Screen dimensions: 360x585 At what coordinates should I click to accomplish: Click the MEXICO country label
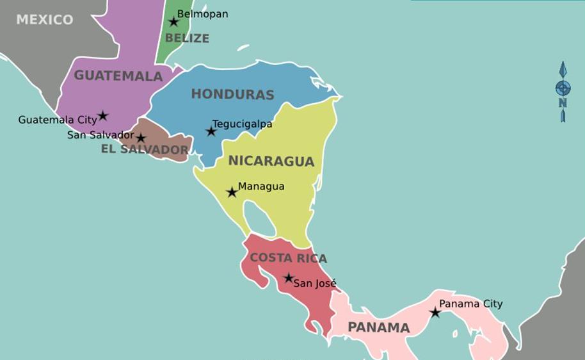[44, 20]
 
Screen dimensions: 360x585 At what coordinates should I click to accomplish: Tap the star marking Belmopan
[173, 22]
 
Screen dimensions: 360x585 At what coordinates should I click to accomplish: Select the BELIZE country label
[187, 38]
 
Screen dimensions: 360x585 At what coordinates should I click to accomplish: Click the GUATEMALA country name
[118, 76]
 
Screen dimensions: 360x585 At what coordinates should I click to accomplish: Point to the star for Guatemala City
[102, 116]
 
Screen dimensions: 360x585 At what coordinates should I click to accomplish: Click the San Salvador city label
[100, 135]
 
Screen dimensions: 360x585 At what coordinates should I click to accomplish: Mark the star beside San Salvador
[141, 138]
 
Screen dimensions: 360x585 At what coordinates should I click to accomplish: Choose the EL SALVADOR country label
[145, 150]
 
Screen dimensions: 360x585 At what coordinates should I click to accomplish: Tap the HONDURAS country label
[232, 95]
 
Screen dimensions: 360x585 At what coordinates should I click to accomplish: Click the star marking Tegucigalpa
[211, 131]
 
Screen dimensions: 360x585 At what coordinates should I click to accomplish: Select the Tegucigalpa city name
[242, 124]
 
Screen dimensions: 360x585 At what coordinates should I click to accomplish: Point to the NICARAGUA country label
[271, 161]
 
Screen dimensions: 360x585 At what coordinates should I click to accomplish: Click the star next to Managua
[232, 192]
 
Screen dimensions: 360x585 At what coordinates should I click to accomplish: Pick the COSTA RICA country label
[288, 258]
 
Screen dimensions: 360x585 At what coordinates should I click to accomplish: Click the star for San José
[289, 278]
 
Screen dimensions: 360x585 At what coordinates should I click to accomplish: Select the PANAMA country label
[378, 328]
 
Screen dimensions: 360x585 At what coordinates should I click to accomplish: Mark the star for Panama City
[435, 313]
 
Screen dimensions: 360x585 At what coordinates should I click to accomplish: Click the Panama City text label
[470, 304]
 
